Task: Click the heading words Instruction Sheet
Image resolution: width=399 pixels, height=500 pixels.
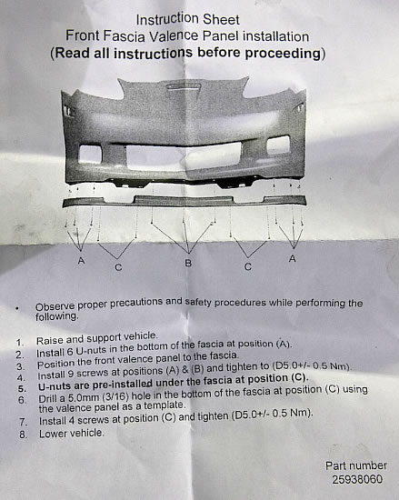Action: [188, 19]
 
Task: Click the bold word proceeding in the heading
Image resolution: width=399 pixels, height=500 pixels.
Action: [283, 53]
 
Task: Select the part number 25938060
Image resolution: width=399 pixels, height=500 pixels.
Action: [357, 479]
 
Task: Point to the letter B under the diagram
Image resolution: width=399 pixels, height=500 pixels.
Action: [188, 263]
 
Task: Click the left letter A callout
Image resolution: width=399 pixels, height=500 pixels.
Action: [81, 261]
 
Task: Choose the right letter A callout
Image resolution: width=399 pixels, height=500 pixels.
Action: [293, 258]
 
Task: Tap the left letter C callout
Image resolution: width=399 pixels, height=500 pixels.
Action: [118, 267]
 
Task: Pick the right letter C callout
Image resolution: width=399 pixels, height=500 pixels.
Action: [248, 266]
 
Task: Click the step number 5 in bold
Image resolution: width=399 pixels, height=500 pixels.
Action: [22, 389]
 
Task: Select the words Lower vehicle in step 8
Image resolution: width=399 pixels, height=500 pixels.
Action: [72, 434]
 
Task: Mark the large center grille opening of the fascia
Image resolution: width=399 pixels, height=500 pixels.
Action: [184, 155]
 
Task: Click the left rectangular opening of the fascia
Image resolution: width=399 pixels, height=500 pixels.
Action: [90, 155]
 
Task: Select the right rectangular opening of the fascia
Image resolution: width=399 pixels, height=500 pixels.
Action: [278, 145]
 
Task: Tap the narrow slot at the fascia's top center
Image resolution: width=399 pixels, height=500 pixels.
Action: [184, 86]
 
